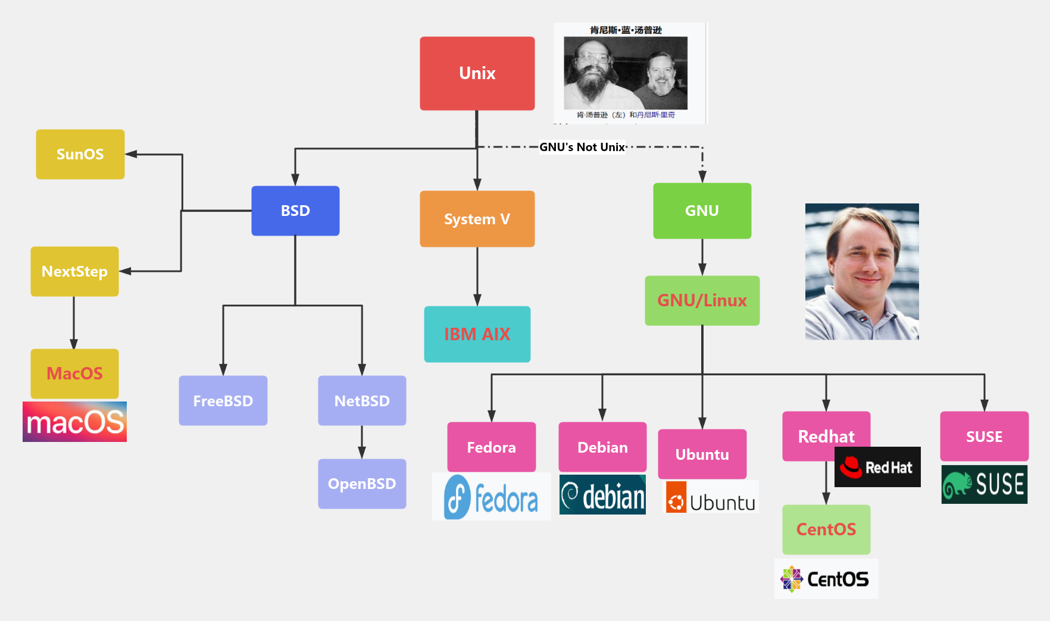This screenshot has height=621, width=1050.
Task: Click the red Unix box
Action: tap(477, 73)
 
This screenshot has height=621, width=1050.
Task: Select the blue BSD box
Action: tap(295, 211)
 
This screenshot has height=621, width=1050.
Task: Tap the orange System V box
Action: tap(477, 219)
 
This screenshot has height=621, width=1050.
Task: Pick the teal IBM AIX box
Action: tap(477, 334)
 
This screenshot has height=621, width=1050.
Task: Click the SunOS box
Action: tap(80, 154)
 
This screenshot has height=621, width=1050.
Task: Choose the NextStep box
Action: tap(74, 271)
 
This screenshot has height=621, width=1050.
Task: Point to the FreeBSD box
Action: tap(223, 400)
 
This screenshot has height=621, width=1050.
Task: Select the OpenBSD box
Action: tap(362, 484)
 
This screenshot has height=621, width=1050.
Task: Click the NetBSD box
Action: tap(362, 400)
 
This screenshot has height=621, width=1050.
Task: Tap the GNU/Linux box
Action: tap(702, 300)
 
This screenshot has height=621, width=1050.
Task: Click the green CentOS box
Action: tap(826, 529)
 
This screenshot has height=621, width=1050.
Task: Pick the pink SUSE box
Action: tap(984, 436)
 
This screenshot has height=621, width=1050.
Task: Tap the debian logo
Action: tap(602, 495)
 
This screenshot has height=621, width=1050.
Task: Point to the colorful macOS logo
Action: tap(74, 422)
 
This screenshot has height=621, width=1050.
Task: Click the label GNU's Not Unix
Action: tap(582, 147)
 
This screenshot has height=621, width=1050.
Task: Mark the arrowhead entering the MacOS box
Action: tap(74, 344)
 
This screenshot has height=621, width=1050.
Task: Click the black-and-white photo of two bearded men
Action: tap(625, 73)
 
